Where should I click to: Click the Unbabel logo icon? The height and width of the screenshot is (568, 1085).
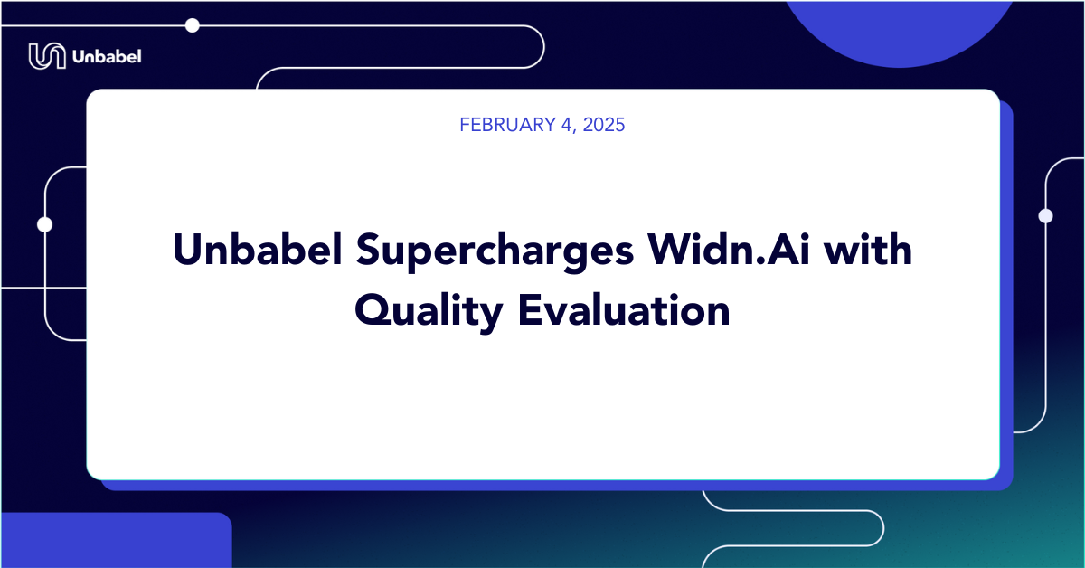tap(47, 56)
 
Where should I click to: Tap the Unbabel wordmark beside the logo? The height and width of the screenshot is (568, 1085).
tap(107, 57)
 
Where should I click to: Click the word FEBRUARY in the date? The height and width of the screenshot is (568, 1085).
tap(507, 125)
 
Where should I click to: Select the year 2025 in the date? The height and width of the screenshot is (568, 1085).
tap(604, 125)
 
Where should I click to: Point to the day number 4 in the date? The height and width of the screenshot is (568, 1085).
tap(567, 125)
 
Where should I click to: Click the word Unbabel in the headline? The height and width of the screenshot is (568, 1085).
tap(258, 249)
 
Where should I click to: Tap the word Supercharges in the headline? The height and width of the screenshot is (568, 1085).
tap(495, 251)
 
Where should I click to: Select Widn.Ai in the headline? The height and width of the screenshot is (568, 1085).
tap(729, 249)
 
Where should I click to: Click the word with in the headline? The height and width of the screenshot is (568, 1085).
tap(868, 249)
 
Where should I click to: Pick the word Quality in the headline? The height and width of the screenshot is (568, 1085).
tap(429, 312)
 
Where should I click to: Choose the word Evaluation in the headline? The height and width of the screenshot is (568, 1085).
tap(624, 310)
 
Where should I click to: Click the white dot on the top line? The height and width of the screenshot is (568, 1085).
tap(193, 25)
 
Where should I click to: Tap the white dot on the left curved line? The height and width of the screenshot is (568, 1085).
tap(44, 224)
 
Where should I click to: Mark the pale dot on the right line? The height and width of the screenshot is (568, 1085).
tap(1046, 215)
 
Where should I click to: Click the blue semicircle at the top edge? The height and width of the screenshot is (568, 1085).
tap(899, 29)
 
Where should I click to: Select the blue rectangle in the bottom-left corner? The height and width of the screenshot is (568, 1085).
tap(117, 540)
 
